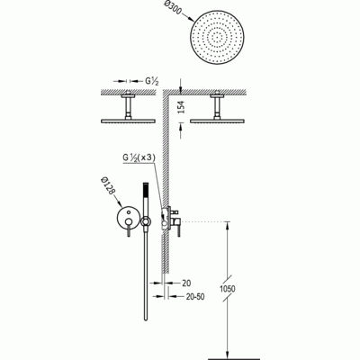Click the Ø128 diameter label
(109, 186)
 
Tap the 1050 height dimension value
(228, 289)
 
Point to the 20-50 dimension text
(195, 297)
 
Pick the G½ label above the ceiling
(152, 81)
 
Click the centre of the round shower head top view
(217, 38)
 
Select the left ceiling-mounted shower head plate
(128, 121)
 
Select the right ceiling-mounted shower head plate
(217, 121)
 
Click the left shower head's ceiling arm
(128, 107)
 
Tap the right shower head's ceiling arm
(217, 107)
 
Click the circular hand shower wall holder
(146, 222)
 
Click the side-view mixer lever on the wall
(179, 227)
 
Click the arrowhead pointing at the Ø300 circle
(191, 18)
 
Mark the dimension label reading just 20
(186, 283)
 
